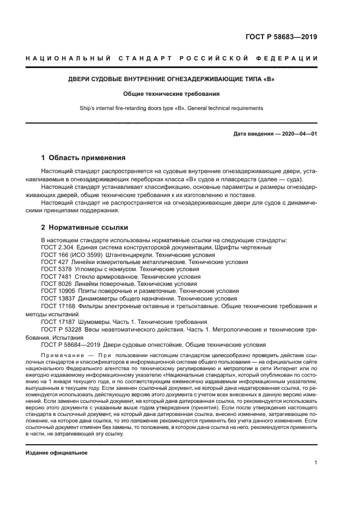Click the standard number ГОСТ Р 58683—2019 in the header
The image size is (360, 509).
click(281, 37)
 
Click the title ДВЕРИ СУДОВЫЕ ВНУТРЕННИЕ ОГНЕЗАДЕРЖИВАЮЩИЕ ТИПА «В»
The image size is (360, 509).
click(171, 79)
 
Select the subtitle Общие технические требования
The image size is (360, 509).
click(171, 94)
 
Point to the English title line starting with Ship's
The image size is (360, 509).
click(171, 108)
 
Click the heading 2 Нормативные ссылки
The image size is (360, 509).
click(84, 228)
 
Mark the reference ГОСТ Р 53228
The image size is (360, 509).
click(60, 329)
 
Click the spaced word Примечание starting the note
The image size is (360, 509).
click(62, 354)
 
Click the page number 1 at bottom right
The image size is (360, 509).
click(315, 462)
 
